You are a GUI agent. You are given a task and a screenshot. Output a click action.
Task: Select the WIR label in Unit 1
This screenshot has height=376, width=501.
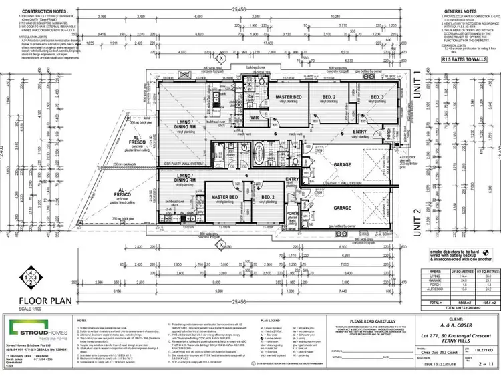[x=255, y=117]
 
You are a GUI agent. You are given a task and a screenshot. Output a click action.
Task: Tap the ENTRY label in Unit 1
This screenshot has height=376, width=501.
[x=359, y=132]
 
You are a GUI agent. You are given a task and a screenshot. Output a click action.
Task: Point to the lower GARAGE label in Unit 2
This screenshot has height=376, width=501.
[x=341, y=208]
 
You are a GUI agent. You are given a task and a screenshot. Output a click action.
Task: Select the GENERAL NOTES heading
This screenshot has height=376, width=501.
[x=460, y=11]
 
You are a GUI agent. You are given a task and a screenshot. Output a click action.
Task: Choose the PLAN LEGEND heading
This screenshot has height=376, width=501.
[x=273, y=321]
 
